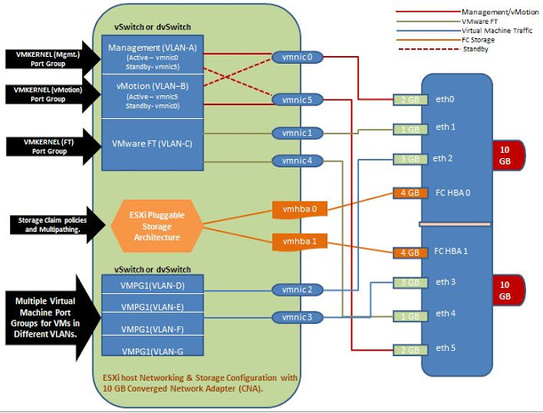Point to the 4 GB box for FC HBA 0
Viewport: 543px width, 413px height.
coord(409,192)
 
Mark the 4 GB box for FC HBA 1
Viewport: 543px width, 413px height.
coord(409,252)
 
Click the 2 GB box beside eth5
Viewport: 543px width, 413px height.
coord(409,349)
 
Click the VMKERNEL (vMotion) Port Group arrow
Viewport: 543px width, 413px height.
coord(48,93)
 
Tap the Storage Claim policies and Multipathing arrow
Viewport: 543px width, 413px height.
coord(51,224)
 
